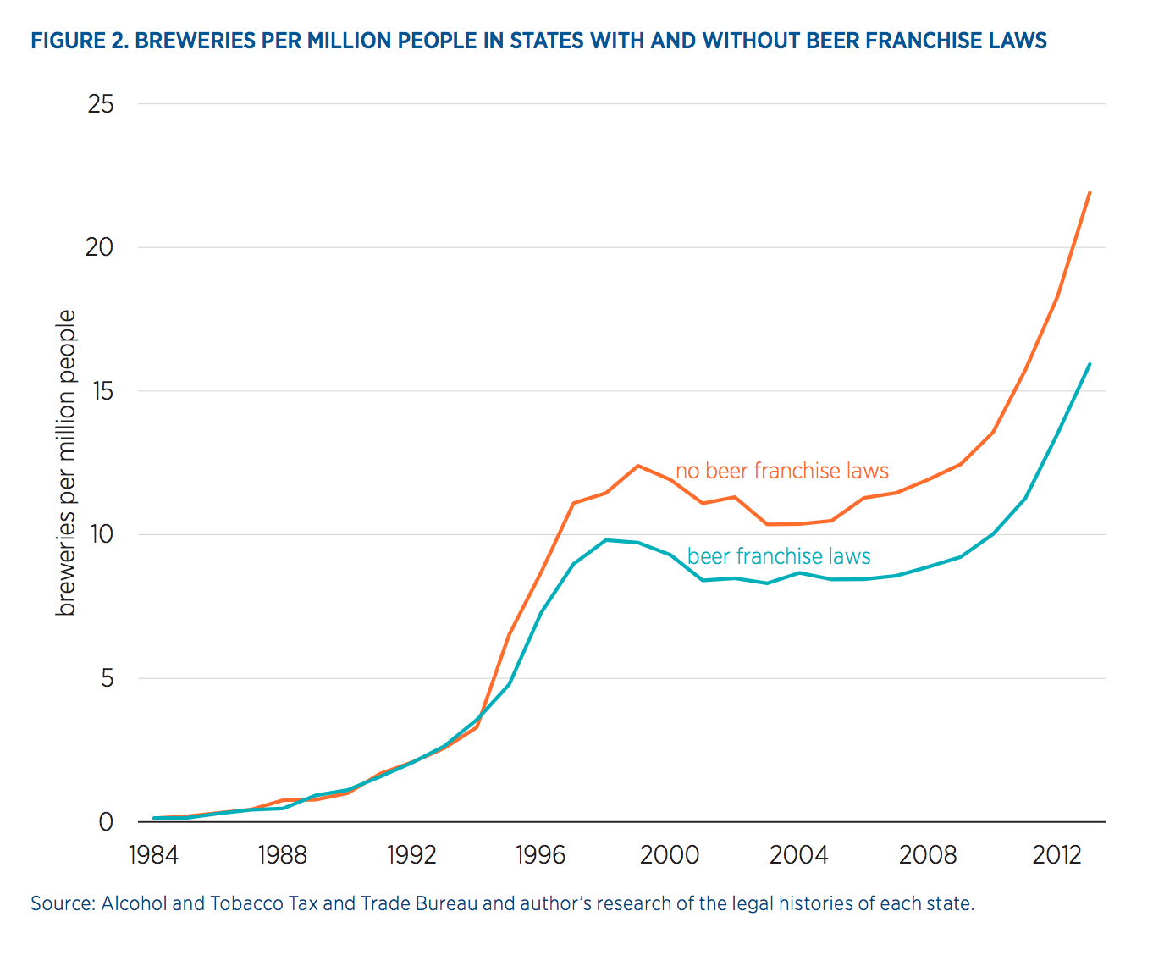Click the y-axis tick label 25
pyautogui.click(x=101, y=104)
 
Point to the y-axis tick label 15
pyautogui.click(x=101, y=391)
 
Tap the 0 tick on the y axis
pyautogui.click(x=106, y=822)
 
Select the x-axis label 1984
pyautogui.click(x=153, y=855)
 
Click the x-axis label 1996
pyautogui.click(x=540, y=855)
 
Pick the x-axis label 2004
pyautogui.click(x=798, y=855)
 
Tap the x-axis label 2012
pyautogui.click(x=1056, y=855)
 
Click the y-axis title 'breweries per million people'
pyautogui.click(x=66, y=462)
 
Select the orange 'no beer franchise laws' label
pyautogui.click(x=782, y=471)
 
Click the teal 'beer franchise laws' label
pyautogui.click(x=779, y=556)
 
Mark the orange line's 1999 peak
pyautogui.click(x=637, y=466)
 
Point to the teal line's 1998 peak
pyautogui.click(x=606, y=540)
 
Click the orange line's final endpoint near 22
pyautogui.click(x=1090, y=193)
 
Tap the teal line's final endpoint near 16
pyautogui.click(x=1090, y=364)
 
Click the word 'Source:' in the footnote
pyautogui.click(x=63, y=903)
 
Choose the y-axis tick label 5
pyautogui.click(x=106, y=678)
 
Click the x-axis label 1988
pyautogui.click(x=282, y=855)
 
